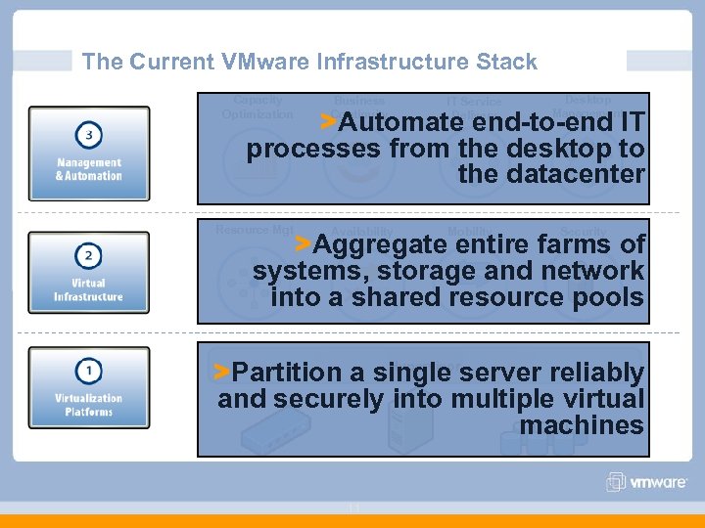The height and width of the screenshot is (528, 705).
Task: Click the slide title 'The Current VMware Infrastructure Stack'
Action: [x=309, y=62]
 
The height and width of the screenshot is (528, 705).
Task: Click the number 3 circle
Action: [x=89, y=134]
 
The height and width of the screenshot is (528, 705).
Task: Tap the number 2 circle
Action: [x=89, y=256]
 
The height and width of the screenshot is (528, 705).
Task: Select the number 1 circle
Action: [x=89, y=371]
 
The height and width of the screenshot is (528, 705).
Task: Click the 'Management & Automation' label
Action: [x=89, y=169]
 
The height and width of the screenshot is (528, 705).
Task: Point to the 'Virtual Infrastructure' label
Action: [x=89, y=290]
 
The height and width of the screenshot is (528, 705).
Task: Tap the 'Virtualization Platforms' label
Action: [x=89, y=405]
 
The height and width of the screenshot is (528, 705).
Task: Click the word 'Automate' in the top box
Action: [x=404, y=123]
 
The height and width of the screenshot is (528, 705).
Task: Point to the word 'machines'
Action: [x=582, y=425]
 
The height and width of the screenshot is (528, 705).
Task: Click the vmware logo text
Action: [x=659, y=482]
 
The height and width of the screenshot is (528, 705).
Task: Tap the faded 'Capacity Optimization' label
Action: [x=258, y=107]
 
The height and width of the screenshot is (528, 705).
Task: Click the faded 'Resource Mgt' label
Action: [x=254, y=230]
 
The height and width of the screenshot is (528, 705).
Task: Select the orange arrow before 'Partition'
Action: [x=223, y=371]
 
